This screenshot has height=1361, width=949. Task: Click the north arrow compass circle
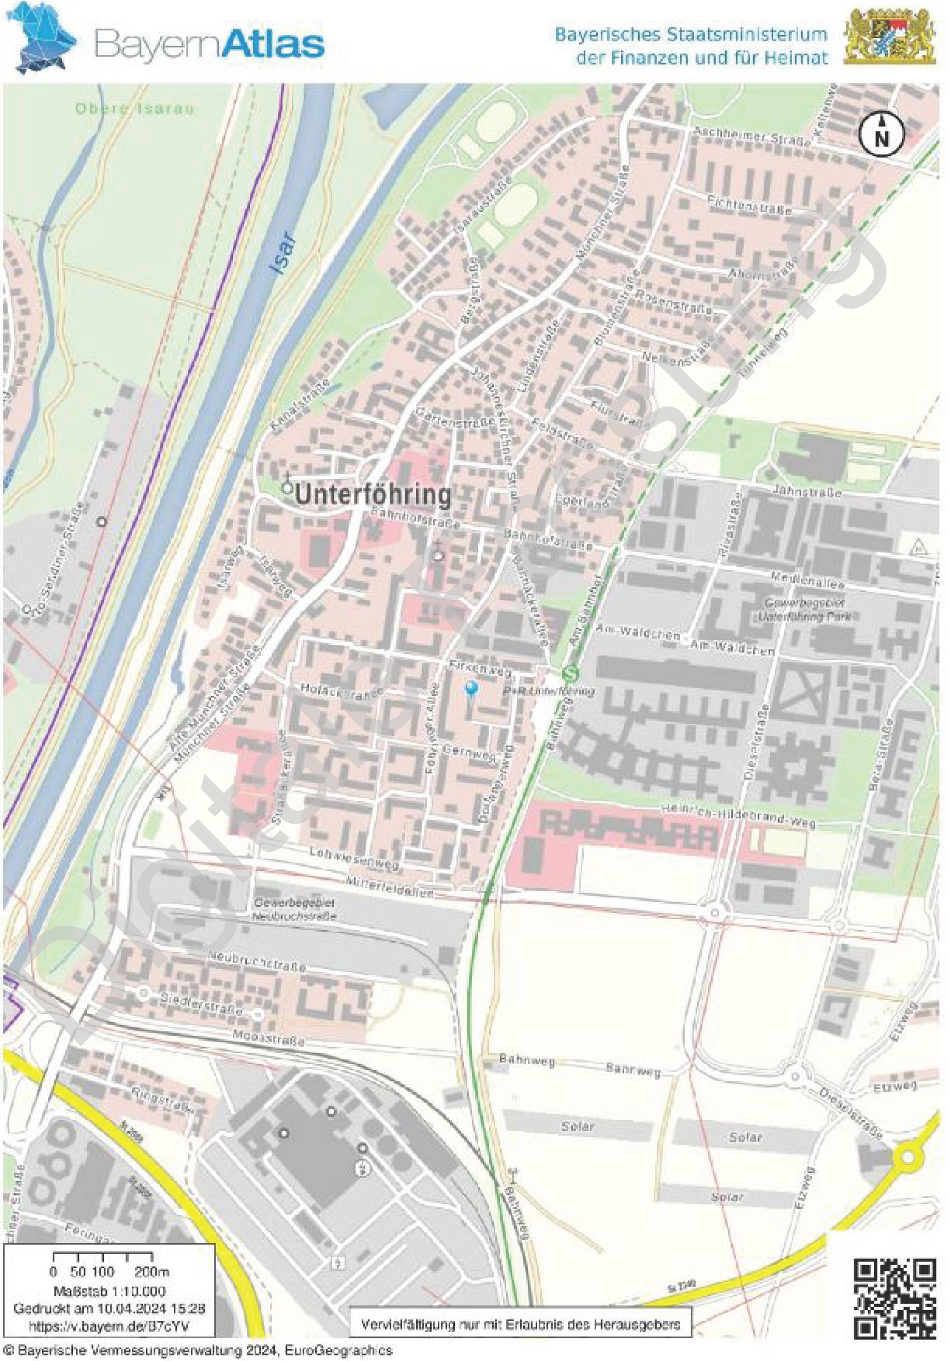pyautogui.click(x=882, y=134)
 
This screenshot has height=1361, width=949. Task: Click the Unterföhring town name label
pyautogui.click(x=373, y=495)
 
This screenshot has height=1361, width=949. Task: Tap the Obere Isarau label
pyautogui.click(x=134, y=109)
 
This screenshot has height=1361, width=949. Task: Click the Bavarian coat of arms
pyautogui.click(x=889, y=37)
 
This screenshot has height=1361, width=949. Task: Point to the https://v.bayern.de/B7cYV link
pyautogui.click(x=109, y=1325)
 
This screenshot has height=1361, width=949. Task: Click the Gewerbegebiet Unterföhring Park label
pyautogui.click(x=805, y=609)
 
